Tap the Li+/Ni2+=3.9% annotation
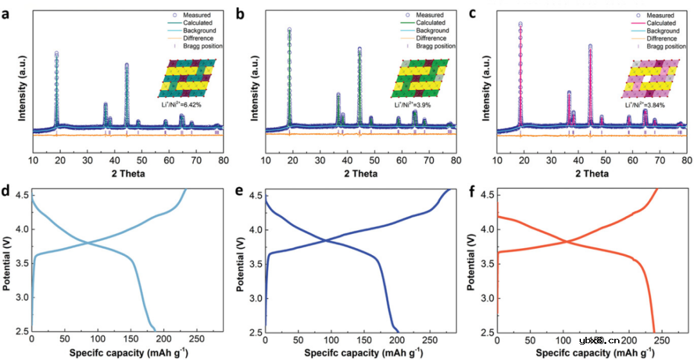pyautogui.click(x=412, y=104)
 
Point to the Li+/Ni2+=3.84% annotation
pyautogui.click(x=645, y=105)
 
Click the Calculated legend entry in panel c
pyautogui.click(x=660, y=23)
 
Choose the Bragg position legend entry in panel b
pyautogui.click(x=435, y=46)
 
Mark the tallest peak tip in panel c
pyautogui.click(x=520, y=24)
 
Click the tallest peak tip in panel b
pyautogui.click(x=289, y=29)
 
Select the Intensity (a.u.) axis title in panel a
pyautogui.click(x=21, y=89)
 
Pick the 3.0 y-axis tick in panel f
pyautogui.click(x=486, y=298)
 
